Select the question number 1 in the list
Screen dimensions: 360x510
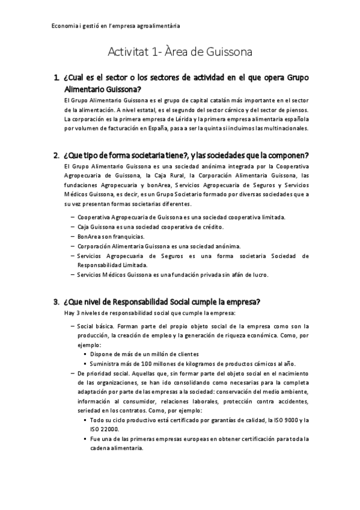click(x=56, y=78)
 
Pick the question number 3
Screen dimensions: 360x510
click(x=56, y=301)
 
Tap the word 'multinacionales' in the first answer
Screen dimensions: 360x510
click(x=279, y=128)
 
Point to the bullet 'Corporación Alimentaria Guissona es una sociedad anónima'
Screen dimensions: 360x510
click(x=159, y=246)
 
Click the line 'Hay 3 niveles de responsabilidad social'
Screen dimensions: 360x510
click(x=150, y=313)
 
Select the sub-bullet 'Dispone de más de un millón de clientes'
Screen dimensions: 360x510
click(x=144, y=354)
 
